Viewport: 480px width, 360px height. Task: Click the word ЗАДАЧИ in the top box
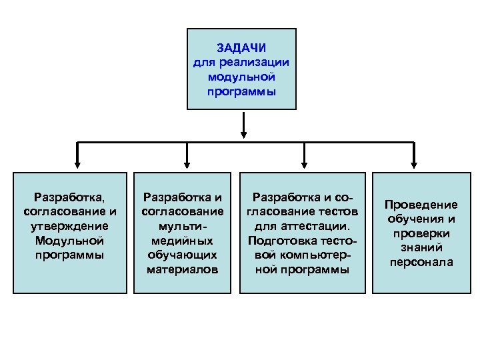[241, 48]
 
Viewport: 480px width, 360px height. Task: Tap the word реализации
[258, 63]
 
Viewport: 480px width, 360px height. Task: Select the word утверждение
[70, 226]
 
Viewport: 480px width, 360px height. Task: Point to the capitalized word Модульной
[70, 241]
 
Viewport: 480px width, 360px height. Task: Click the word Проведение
[421, 205]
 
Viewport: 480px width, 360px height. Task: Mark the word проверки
[421, 233]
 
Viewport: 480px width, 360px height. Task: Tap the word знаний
[421, 248]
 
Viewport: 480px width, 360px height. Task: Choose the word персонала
[421, 263]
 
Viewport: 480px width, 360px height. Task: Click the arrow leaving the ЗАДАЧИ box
[244, 126]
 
